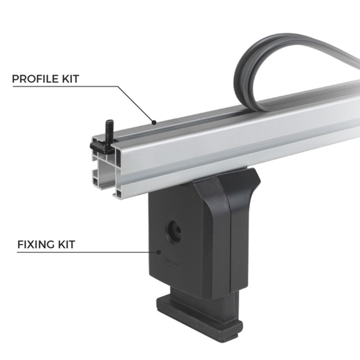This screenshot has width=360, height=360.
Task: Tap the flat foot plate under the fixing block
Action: click(198, 310)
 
